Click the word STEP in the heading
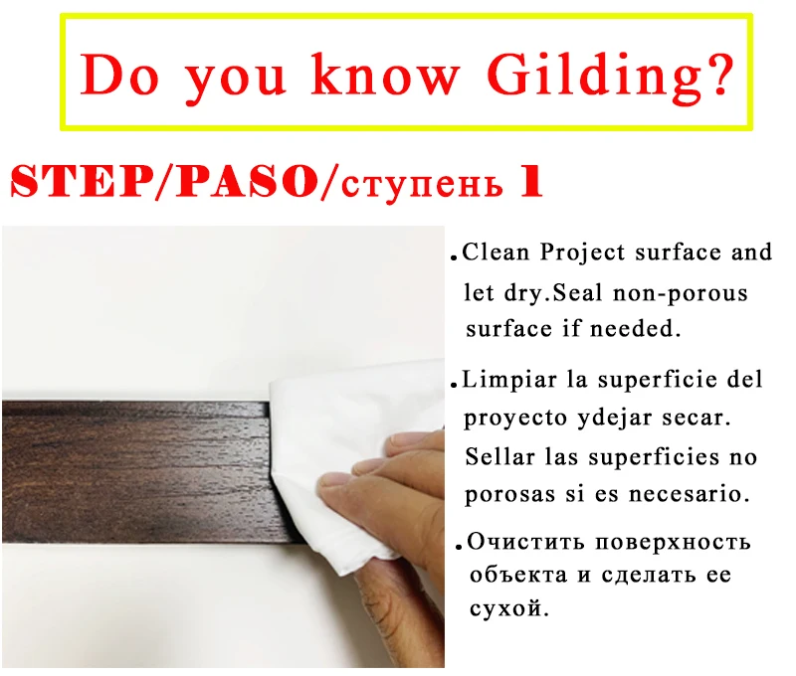82,181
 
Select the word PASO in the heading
247,181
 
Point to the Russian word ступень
422,185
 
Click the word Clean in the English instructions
495,253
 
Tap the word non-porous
681,294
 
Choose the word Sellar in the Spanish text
499,456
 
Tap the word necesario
689,494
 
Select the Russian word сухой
508,607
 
